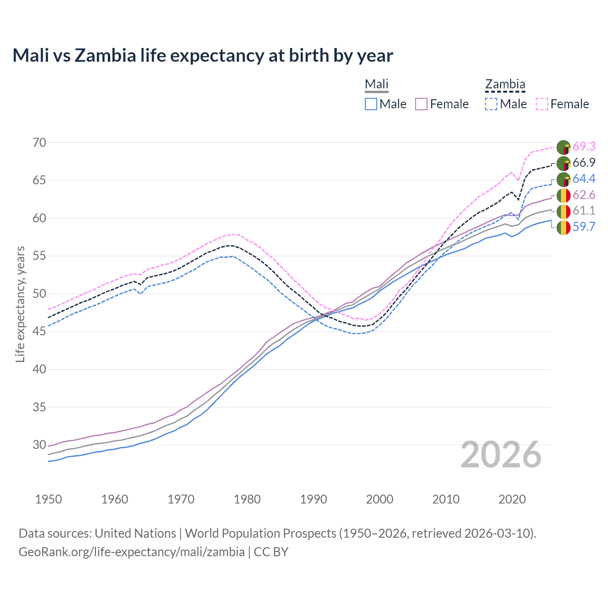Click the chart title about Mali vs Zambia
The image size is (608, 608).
[x=203, y=56]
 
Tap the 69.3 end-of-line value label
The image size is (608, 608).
[x=584, y=146]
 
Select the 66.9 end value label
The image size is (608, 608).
[x=584, y=162]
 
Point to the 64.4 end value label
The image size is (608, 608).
[x=584, y=179]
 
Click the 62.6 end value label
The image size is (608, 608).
[x=584, y=195]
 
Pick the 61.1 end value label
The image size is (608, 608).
[x=584, y=210]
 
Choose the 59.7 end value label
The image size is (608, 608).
[x=584, y=227]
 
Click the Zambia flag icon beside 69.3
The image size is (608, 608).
[x=563, y=147]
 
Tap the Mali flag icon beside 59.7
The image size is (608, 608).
[x=563, y=228]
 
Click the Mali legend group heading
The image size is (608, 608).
[x=377, y=84]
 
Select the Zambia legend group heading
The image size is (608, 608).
[x=505, y=84]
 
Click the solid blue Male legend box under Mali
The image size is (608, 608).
[x=371, y=104]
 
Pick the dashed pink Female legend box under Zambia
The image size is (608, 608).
[x=542, y=104]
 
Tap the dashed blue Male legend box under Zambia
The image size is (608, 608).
[x=491, y=104]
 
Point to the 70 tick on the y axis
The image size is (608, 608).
[x=39, y=142]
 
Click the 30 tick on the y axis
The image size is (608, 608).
[x=39, y=445]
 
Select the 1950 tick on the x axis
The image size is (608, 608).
[x=48, y=499]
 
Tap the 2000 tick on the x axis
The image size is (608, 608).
[x=380, y=499]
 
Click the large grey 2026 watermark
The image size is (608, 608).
[x=501, y=455]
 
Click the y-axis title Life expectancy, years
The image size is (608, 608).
[x=20, y=304]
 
